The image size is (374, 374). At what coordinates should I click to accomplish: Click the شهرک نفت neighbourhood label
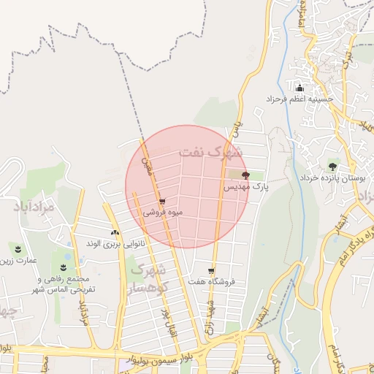pyautogui.click(x=209, y=153)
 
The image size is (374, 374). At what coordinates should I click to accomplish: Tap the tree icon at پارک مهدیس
pyautogui.click(x=245, y=175)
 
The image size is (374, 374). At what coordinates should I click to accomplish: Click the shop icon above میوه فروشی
pyautogui.click(x=162, y=201)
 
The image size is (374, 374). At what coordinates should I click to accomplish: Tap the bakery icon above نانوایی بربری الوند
pyautogui.click(x=115, y=232)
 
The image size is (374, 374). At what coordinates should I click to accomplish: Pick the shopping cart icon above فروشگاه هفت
pyautogui.click(x=212, y=270)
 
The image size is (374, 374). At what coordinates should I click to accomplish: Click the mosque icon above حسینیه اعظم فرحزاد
pyautogui.click(x=299, y=87)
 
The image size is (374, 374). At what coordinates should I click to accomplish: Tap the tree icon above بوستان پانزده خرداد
pyautogui.click(x=333, y=167)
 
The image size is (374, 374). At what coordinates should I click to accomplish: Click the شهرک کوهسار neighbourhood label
pyautogui.click(x=149, y=278)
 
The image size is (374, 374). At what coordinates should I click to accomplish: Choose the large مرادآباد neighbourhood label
pyautogui.click(x=34, y=207)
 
